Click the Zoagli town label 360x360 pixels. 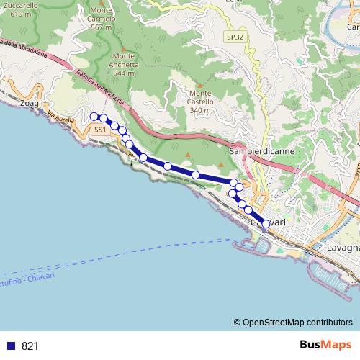(x=32, y=104)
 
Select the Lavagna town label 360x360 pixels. (x=341, y=247)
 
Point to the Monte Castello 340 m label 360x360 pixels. (x=204, y=102)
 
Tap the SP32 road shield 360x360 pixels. (x=234, y=36)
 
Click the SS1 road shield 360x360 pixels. (x=99, y=130)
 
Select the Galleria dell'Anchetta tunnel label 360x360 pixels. (x=101, y=88)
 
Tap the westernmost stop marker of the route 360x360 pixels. (x=94, y=117)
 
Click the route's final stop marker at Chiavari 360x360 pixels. (x=266, y=224)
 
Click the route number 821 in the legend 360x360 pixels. (x=30, y=346)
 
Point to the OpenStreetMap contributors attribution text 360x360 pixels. (x=297, y=322)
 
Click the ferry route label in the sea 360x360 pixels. (x=36, y=272)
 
